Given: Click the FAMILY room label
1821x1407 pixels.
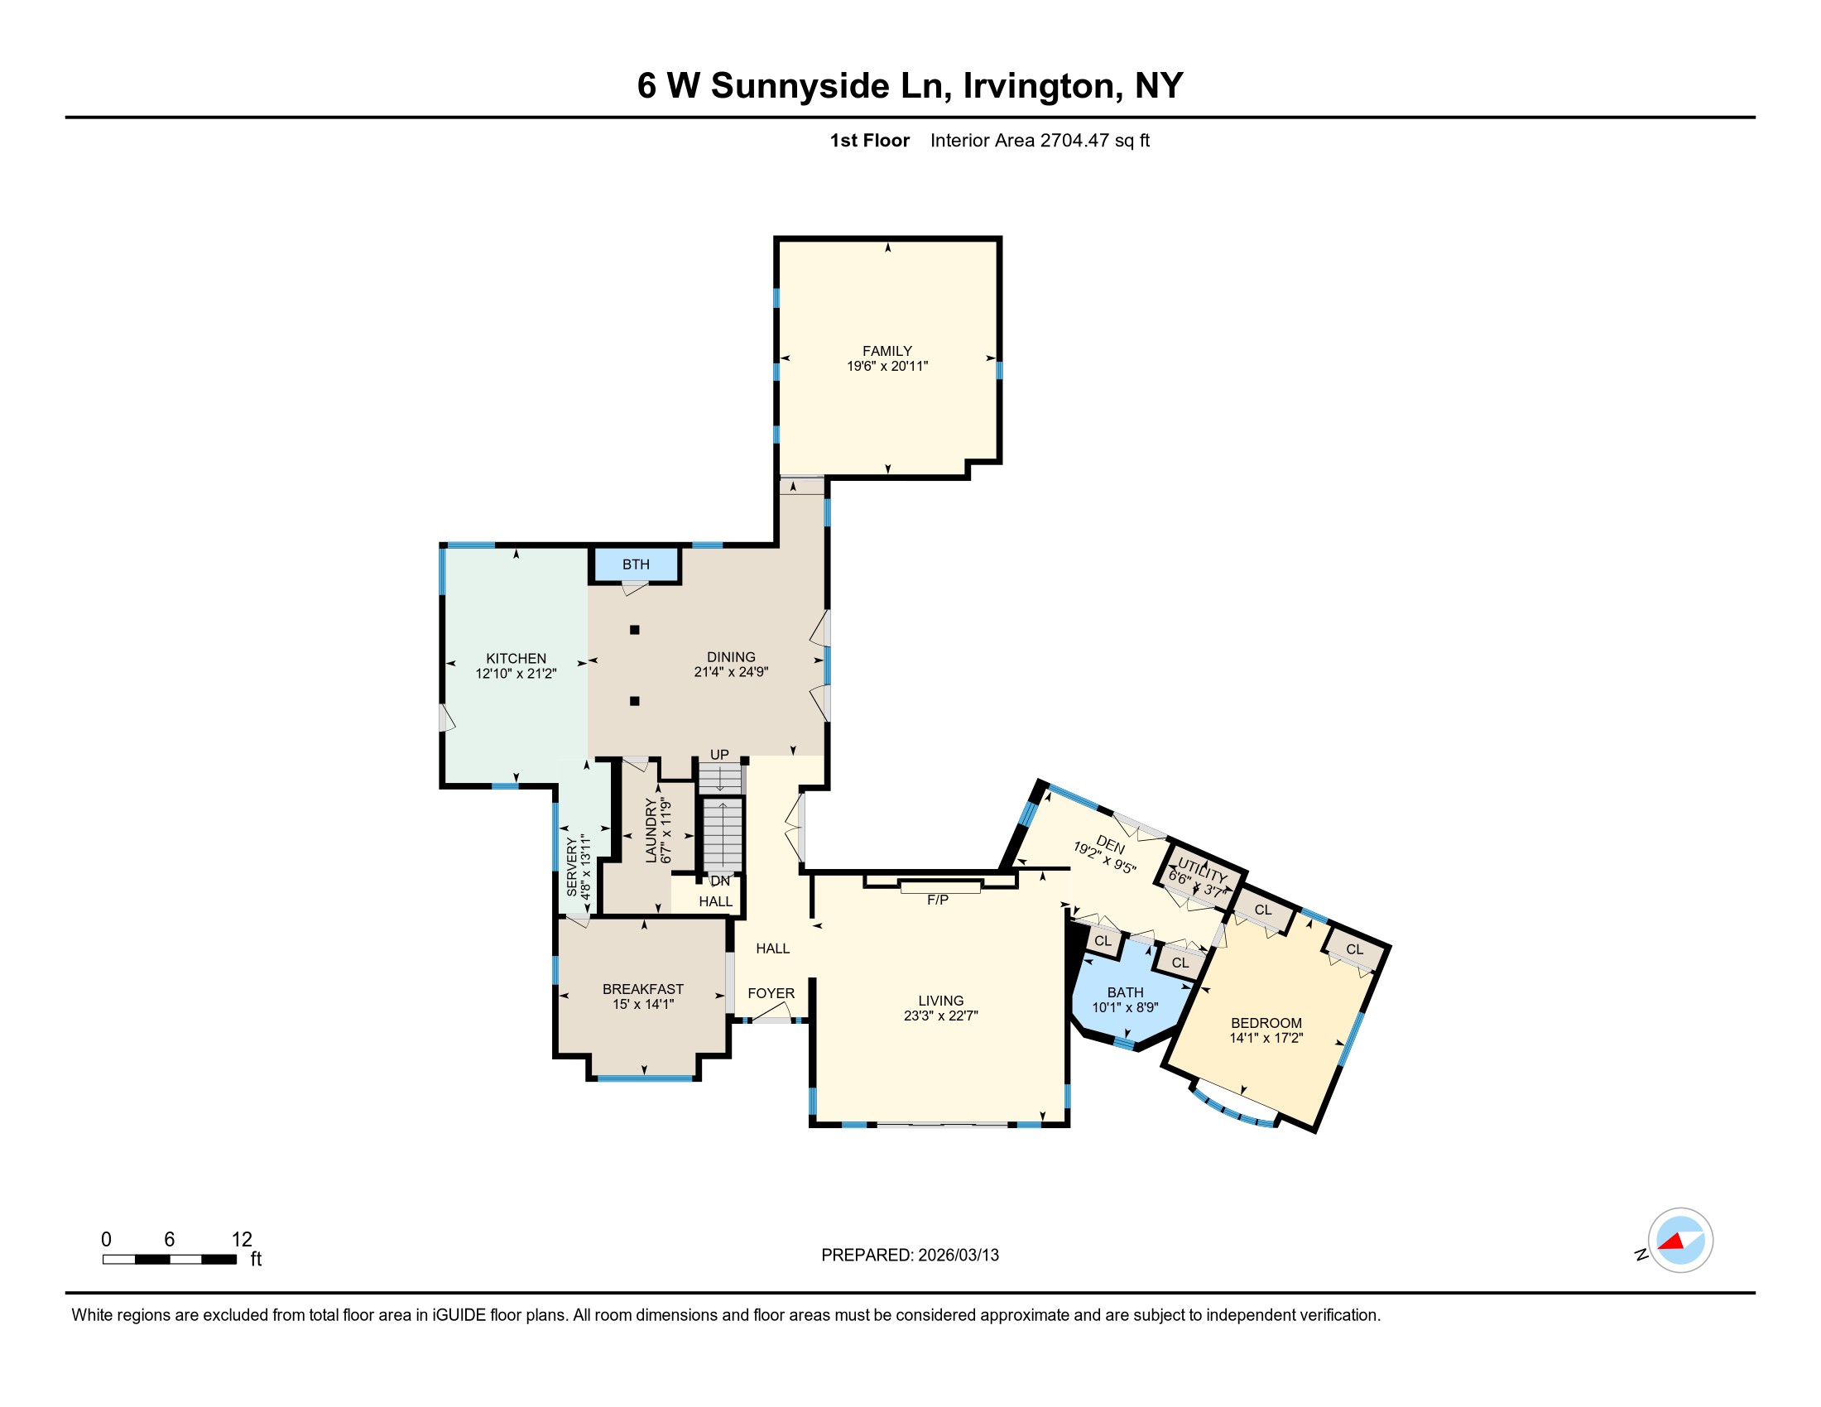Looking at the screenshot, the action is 887,351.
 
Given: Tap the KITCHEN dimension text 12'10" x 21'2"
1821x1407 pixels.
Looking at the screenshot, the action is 517,674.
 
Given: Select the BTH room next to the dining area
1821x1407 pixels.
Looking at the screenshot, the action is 637,564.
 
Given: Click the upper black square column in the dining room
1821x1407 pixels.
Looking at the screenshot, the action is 635,630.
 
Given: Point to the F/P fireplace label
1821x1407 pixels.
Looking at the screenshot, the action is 938,900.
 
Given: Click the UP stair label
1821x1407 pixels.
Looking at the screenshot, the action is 719,754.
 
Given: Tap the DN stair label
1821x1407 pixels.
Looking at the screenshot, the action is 720,881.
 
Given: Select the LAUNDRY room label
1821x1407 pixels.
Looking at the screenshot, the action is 651,830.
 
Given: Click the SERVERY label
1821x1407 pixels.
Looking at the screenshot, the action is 572,867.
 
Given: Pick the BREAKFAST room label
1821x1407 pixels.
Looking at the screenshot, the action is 643,989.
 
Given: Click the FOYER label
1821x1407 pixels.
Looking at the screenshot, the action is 771,993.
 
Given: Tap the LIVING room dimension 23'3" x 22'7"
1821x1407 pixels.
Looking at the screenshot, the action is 940,1016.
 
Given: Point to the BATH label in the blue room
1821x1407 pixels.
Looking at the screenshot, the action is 1125,992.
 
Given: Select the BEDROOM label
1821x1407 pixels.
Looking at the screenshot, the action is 1266,1023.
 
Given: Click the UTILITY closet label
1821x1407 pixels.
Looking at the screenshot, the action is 1203,870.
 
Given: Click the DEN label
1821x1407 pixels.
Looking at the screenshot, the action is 1111,843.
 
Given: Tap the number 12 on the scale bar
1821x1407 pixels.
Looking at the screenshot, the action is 242,1239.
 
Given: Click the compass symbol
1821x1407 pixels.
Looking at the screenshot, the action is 1680,1241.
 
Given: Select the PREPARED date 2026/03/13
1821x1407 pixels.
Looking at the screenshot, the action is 957,1256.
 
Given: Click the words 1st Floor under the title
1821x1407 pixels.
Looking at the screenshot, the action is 870,140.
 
